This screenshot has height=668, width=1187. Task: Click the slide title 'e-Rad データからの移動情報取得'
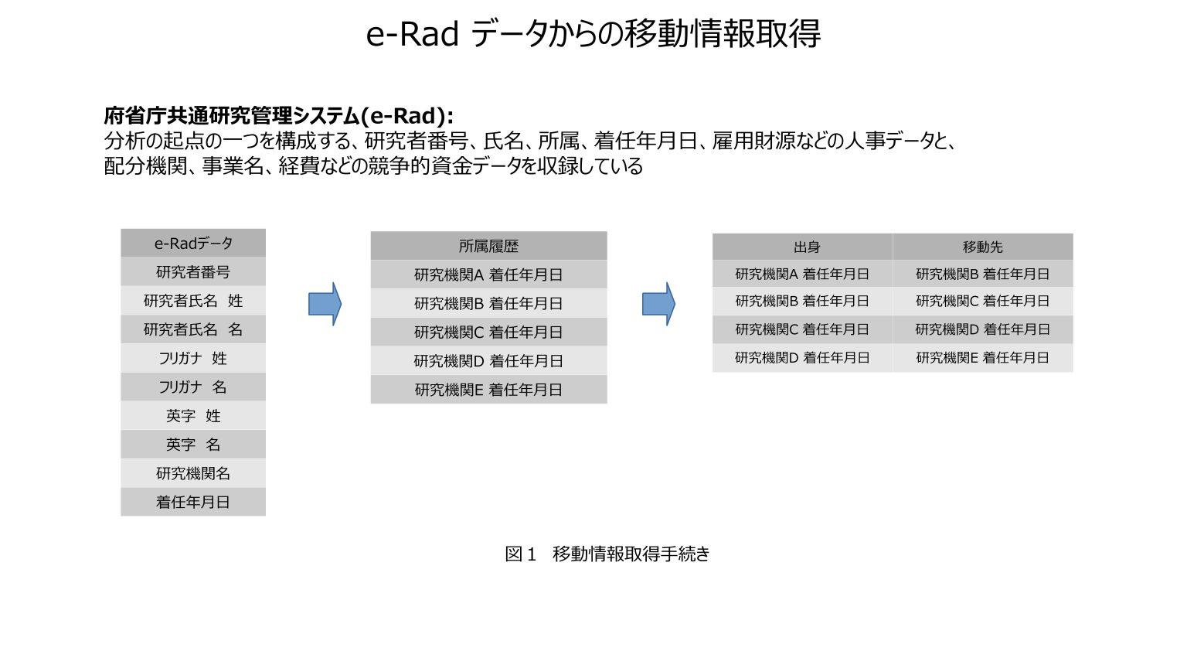593,34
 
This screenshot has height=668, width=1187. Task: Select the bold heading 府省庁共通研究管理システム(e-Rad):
278,116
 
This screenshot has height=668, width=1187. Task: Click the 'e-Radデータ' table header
193,244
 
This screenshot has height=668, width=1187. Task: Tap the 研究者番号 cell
193,272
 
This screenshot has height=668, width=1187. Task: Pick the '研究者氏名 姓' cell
193,301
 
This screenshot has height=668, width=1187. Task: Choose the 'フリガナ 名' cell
193,387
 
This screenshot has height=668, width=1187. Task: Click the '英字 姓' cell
193,416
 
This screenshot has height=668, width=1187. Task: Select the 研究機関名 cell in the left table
193,473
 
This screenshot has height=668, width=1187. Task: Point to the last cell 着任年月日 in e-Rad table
193,502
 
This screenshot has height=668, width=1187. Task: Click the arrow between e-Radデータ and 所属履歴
325,304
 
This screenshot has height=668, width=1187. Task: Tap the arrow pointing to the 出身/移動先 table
658,304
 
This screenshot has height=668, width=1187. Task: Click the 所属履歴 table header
488,246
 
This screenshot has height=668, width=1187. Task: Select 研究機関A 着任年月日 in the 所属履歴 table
488,274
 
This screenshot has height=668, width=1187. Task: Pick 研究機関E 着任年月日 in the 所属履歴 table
488,390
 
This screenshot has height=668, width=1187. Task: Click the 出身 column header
802,247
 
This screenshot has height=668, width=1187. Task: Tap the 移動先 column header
982,247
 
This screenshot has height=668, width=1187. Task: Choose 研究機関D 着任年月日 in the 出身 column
802,358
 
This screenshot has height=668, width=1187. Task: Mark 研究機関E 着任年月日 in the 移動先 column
982,358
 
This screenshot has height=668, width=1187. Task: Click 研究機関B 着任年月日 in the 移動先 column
982,274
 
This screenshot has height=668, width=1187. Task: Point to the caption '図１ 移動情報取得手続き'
607,554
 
